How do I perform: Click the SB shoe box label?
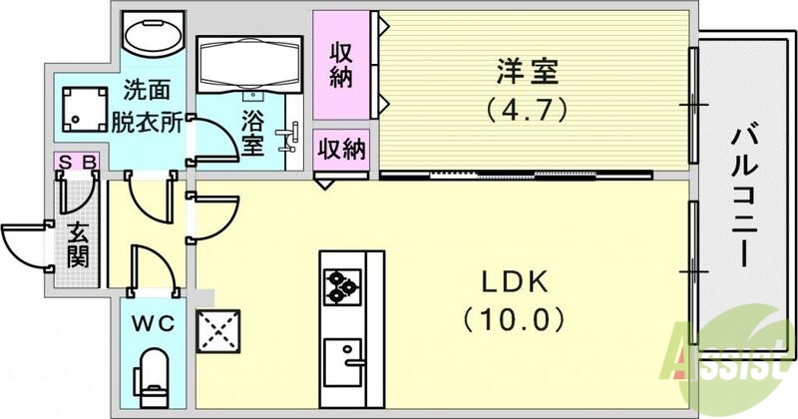coord(76,160)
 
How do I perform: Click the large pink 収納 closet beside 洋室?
coord(341,65)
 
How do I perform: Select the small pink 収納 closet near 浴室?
coord(341,149)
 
